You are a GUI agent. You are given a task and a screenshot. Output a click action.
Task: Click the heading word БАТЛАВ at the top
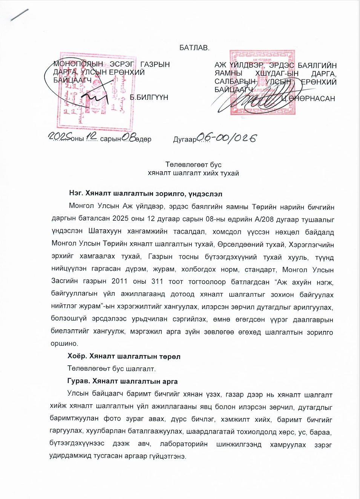tap(194, 48)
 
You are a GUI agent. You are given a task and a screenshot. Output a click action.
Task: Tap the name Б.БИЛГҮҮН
tap(149, 97)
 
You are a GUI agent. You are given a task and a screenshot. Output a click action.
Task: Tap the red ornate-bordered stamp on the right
tap(263, 82)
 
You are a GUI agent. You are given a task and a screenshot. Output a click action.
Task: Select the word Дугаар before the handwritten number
tap(185, 139)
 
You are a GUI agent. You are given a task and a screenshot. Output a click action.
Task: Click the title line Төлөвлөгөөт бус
tap(193, 165)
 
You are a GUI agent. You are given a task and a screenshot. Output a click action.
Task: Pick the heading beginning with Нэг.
tap(146, 194)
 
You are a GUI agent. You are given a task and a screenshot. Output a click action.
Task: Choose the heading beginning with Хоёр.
tap(124, 356)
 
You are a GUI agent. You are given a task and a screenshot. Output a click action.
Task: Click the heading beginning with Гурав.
tap(122, 381)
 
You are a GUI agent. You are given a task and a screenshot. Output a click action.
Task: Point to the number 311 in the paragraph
tap(157, 282)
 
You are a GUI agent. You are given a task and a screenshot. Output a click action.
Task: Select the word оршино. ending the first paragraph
tap(64, 344)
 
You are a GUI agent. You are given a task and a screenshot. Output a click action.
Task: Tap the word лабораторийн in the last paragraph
tap(184, 444)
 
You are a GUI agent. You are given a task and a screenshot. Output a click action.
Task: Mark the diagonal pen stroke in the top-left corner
tap(20, 15)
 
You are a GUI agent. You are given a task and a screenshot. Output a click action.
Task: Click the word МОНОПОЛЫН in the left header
tap(78, 64)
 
